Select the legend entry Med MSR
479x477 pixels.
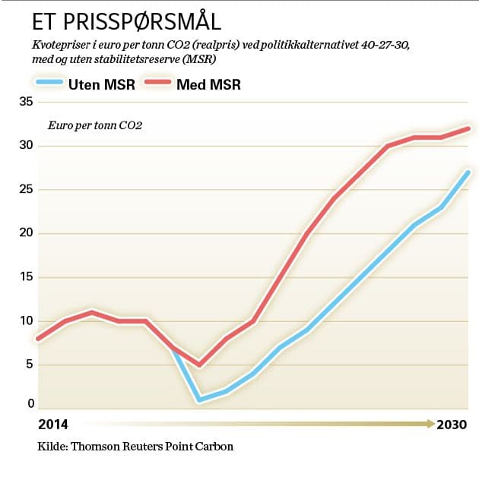coord(208,84)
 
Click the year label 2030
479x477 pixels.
coord(452,424)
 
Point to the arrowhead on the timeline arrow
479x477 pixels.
coord(430,423)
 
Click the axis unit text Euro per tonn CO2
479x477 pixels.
coord(95,125)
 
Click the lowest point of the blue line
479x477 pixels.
coord(199,400)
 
